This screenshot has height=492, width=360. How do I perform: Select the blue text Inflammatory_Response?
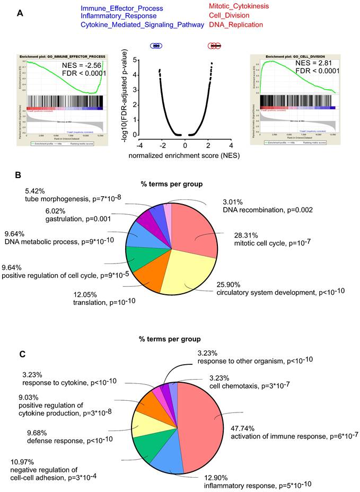coord(115,16)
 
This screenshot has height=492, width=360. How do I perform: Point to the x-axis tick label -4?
coord(139,145)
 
